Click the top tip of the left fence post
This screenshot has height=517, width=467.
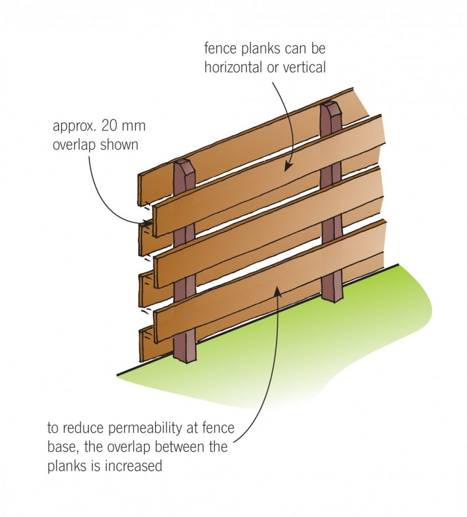pyautogui.click(x=182, y=163)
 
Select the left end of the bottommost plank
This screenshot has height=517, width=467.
pyautogui.click(x=142, y=344)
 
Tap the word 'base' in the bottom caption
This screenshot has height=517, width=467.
pyautogui.click(x=62, y=447)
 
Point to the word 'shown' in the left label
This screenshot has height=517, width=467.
pyautogui.click(x=118, y=145)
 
